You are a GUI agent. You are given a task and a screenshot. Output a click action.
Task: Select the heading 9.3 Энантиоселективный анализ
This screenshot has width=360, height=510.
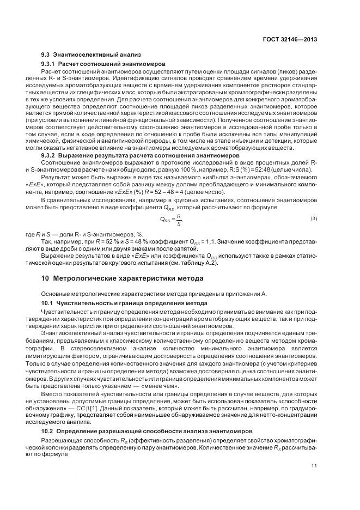point(91,54)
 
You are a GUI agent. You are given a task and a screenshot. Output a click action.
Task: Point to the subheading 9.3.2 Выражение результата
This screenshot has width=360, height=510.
point(141,155)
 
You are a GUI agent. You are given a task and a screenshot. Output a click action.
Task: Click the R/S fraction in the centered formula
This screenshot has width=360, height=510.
point(178,220)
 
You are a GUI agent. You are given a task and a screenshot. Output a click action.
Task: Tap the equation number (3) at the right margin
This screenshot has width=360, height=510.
point(314,219)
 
